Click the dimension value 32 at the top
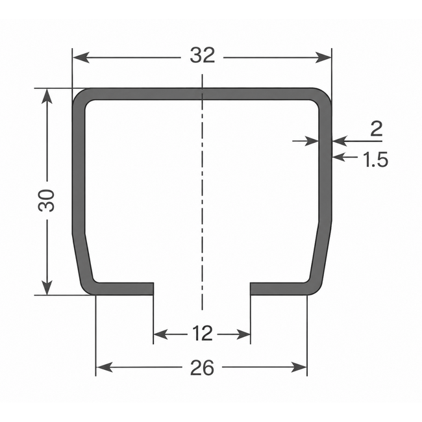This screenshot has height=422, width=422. tap(203, 55)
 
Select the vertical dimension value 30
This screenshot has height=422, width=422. tap(46, 200)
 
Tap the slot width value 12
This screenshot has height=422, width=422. tap(203, 333)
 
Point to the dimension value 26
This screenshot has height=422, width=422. tap(202, 368)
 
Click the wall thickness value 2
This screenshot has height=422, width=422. tap(377, 129)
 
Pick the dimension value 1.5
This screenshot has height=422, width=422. tap(375, 159)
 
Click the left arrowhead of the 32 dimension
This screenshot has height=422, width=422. tap(81, 58)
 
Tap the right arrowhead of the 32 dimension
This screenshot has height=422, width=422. tap(323, 58)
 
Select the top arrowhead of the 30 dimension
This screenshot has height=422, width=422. tap(47, 97)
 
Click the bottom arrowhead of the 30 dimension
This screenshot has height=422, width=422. tap(47, 286)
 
